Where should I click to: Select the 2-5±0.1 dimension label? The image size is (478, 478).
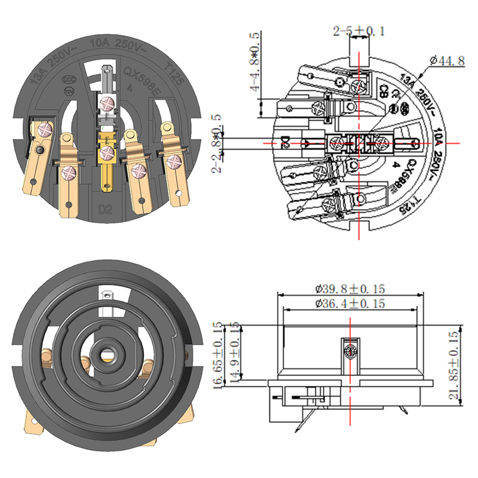point(359,30)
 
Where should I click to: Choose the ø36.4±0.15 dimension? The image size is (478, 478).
point(350,304)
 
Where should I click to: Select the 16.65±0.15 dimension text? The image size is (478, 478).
point(219,357)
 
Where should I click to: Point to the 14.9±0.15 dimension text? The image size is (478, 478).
point(234,357)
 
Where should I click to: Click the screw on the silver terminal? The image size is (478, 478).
point(108,102)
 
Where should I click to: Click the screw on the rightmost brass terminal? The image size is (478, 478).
point(174,160)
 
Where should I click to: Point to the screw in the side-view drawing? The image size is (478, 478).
point(349,350)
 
